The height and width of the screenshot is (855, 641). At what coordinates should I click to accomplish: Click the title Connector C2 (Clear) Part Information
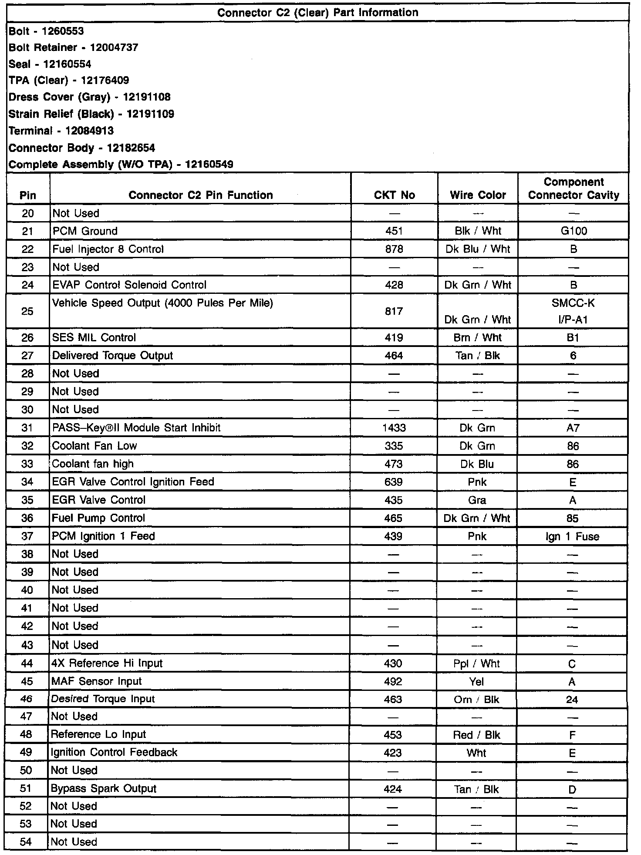pyautogui.click(x=317, y=13)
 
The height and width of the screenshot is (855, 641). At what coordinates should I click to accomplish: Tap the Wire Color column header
pyautogui.click(x=478, y=195)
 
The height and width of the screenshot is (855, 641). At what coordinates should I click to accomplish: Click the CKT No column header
pyautogui.click(x=394, y=195)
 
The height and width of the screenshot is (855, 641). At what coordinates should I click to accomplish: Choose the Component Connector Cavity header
pyautogui.click(x=574, y=189)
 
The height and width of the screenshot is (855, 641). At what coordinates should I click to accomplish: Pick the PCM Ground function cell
pyautogui.click(x=85, y=231)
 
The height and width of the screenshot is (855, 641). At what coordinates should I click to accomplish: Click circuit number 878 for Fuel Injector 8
pyautogui.click(x=394, y=249)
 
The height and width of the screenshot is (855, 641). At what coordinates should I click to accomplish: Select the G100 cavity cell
pyautogui.click(x=574, y=231)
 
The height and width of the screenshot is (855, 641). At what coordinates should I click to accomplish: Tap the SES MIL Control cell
pyautogui.click(x=94, y=338)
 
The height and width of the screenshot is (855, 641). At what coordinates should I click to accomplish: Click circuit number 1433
pyautogui.click(x=394, y=428)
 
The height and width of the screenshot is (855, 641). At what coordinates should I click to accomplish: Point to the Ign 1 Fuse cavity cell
pyautogui.click(x=572, y=536)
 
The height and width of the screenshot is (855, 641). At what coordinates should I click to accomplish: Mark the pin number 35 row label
pyautogui.click(x=27, y=500)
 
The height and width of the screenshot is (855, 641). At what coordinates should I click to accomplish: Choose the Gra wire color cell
pyautogui.click(x=477, y=500)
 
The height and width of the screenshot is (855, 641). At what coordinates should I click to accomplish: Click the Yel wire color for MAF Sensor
pyautogui.click(x=476, y=682)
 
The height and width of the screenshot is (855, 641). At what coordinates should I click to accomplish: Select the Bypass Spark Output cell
pyautogui.click(x=104, y=789)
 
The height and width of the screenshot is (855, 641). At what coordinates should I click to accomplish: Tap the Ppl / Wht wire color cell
pyautogui.click(x=476, y=664)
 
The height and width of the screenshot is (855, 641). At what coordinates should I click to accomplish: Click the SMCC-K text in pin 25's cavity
pyautogui.click(x=573, y=303)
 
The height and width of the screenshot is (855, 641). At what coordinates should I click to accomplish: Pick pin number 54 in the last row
pyautogui.click(x=26, y=842)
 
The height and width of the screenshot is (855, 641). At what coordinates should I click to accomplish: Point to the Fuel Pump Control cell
pyautogui.click(x=98, y=518)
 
